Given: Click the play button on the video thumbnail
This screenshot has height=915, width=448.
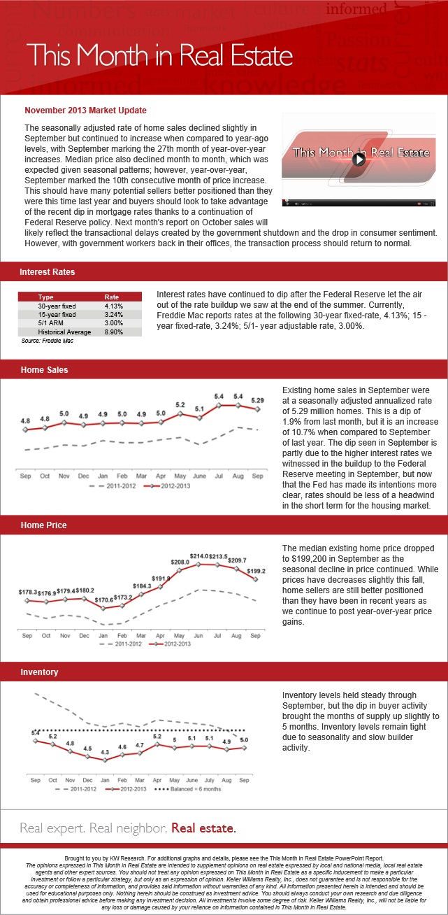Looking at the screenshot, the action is [x=359, y=159].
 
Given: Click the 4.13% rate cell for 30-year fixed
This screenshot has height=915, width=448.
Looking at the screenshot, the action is [x=113, y=306].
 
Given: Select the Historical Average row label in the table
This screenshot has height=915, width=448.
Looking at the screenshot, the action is [x=64, y=332].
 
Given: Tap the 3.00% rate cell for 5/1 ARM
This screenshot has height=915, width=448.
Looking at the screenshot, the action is [x=113, y=322].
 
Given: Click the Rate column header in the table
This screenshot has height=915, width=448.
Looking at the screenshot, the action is [x=111, y=297].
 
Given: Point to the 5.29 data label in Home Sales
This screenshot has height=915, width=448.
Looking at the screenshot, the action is [x=257, y=400].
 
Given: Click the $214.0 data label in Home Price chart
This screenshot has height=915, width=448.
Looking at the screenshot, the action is [x=199, y=556].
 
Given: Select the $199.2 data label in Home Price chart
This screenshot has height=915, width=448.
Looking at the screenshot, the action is [x=256, y=571].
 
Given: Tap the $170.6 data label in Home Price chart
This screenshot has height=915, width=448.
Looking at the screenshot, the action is [x=104, y=600].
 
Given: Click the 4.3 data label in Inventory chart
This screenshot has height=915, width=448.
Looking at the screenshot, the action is [x=105, y=751].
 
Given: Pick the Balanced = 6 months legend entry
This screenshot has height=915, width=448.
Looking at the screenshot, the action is [x=188, y=789].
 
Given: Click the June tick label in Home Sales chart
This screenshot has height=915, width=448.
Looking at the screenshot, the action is [x=199, y=476].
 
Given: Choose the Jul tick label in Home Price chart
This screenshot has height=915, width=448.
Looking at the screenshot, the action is [x=217, y=636].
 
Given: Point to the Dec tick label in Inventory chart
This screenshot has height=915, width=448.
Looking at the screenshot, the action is [x=87, y=780].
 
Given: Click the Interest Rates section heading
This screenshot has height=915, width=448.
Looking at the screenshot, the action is [x=48, y=272].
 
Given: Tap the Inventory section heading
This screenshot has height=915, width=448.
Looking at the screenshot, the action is [x=39, y=672].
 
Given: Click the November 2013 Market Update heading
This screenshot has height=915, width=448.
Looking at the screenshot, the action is [x=86, y=111].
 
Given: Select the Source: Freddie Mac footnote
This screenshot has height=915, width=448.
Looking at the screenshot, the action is [x=48, y=341].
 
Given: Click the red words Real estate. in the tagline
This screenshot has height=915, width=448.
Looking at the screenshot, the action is [x=203, y=828].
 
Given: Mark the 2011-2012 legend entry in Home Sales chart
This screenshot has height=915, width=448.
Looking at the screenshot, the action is [x=113, y=485].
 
